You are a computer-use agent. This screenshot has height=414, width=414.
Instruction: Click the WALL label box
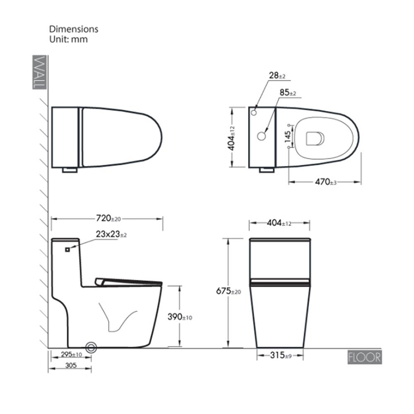coord(40,72)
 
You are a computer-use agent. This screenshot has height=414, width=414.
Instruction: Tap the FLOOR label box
coord(365,357)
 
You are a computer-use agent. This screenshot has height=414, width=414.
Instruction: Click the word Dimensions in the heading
coord(74,29)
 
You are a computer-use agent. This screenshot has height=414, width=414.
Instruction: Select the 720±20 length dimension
coord(108,218)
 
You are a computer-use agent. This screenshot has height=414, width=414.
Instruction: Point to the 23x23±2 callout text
coord(111,234)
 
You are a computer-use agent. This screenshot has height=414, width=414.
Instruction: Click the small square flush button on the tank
coord(67,250)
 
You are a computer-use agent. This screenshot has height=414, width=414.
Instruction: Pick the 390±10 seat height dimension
coord(180,317)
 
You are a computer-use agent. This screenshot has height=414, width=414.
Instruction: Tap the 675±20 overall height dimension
coord(229,291)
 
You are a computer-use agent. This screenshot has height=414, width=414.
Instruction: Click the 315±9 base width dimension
coord(281,355)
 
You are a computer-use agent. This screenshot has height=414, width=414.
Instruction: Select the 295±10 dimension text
coord(72,354)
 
